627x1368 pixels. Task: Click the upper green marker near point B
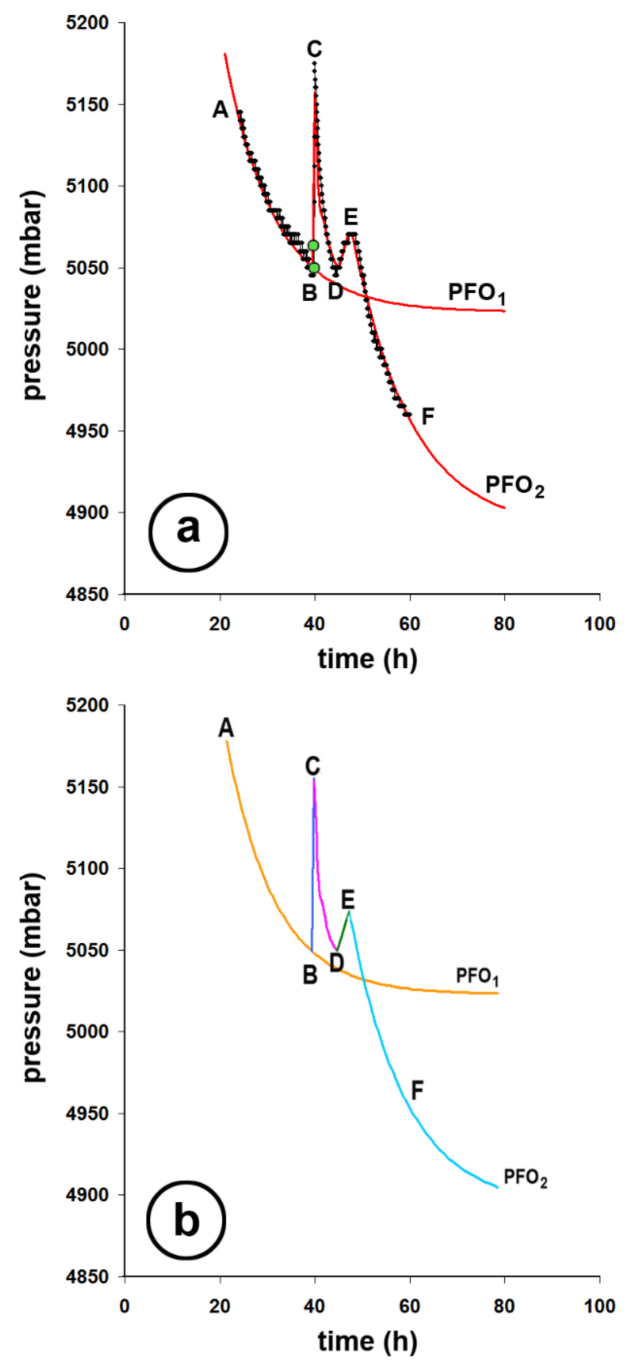coord(313,245)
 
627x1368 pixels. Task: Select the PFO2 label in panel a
coord(514,485)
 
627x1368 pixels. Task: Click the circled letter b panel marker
coord(186,1220)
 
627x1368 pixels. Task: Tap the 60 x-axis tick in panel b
coord(409,1306)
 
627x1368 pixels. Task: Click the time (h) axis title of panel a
coord(368,659)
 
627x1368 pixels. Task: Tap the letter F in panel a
coord(428,417)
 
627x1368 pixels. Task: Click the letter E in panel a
coord(350,217)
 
